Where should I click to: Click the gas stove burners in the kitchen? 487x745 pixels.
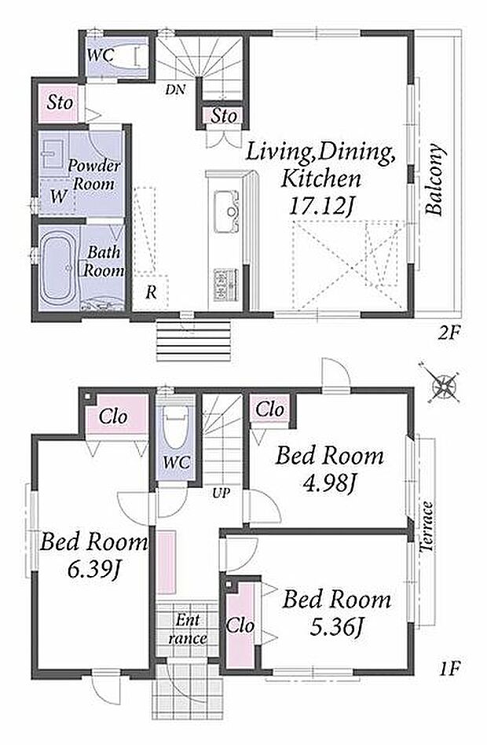coord(226,284)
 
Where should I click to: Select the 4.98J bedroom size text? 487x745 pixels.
coord(330,484)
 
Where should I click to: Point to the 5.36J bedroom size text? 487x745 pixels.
coord(336,627)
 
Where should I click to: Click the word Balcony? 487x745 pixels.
coord(435,180)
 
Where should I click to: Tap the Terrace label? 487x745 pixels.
coord(427,527)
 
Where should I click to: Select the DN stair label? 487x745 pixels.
coord(175,90)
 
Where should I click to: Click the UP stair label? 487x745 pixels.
coord(221,494)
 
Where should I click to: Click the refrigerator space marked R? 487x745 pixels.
coord(151,292)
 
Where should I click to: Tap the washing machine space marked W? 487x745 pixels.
coord(58,196)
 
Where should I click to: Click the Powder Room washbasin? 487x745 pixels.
coord(53,154)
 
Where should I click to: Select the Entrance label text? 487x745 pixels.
coord(188,628)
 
